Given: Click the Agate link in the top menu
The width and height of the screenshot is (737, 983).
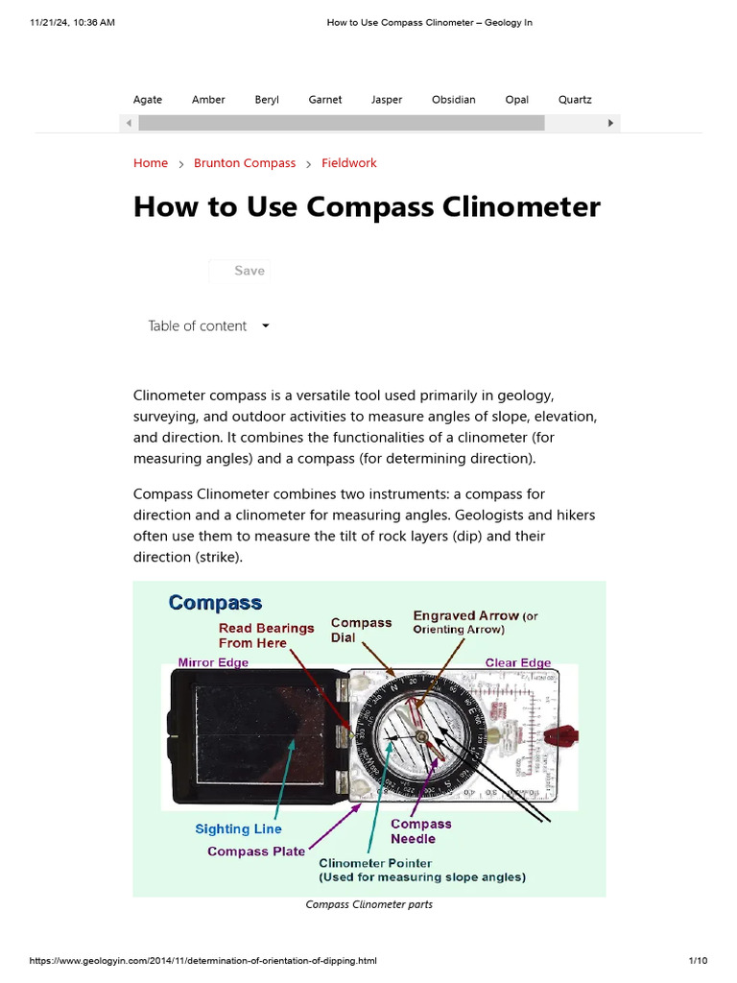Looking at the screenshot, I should click(148, 100).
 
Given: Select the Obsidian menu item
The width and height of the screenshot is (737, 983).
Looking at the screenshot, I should click(453, 100).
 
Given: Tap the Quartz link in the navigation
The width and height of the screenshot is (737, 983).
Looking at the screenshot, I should click(575, 100).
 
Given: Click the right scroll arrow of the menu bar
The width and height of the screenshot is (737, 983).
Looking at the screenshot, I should click(612, 123).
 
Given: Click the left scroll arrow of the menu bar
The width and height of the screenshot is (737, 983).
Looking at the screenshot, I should click(128, 123).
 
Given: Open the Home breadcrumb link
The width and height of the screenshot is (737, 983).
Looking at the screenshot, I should click(151, 163).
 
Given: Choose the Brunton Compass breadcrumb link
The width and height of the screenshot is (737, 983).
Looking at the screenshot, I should click(245, 163).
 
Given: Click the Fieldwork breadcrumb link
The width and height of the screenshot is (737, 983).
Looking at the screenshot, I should click(349, 163).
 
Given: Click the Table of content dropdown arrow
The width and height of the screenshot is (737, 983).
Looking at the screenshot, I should click(266, 326).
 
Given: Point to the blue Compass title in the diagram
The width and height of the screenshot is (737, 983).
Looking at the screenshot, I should click(215, 603).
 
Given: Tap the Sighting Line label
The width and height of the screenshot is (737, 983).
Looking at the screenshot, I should click(238, 829).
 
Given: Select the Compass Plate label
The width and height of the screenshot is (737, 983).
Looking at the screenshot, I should click(256, 851).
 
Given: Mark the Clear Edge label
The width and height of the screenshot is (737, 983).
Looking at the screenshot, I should click(518, 662).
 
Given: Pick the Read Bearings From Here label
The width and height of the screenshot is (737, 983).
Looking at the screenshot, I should click(266, 635).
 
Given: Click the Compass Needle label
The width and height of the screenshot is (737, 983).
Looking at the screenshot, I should click(420, 831).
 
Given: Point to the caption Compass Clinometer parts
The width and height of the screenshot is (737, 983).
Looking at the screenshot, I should click(368, 904).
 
